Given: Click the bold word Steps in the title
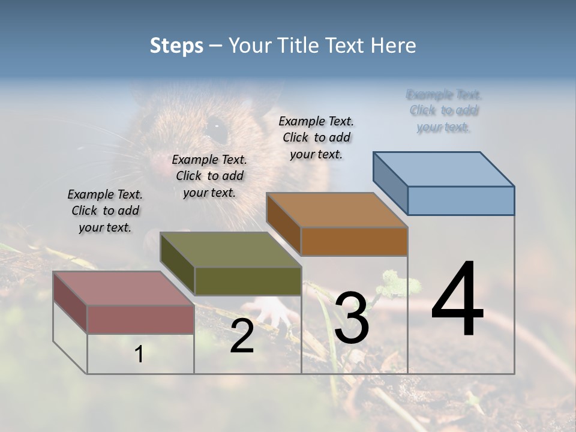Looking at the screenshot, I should coord(176,46).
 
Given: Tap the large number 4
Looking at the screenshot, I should coord(457,300).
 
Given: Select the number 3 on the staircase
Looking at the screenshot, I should coord(352,319).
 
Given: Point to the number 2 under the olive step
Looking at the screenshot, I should coord(242,337).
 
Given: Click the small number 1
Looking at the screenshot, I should coord(139,355).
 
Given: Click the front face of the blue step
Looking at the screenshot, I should coord(461,200).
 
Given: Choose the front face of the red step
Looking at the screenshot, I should coord(140,319).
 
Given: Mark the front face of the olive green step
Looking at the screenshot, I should coord(248,281).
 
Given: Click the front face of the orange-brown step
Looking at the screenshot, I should coord(354,241).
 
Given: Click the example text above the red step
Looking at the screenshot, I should coord(105,211).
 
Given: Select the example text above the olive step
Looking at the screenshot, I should coord(209,176).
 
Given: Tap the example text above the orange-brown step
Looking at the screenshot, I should coord(316,137).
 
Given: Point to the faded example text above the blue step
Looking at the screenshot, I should coord(444,110).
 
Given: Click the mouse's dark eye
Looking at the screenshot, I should coord(217,127).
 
